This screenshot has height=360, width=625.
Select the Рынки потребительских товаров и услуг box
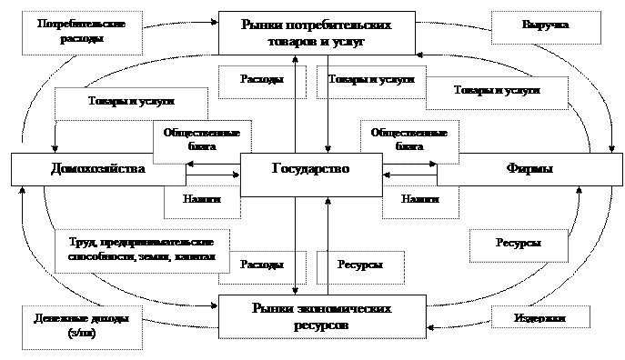tap(317, 34)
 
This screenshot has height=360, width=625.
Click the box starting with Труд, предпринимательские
tap(141, 250)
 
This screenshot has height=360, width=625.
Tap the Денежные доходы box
tap(82, 325)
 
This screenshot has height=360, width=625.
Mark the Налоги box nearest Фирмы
tap(419, 200)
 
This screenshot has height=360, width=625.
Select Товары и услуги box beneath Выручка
tap(495, 92)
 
